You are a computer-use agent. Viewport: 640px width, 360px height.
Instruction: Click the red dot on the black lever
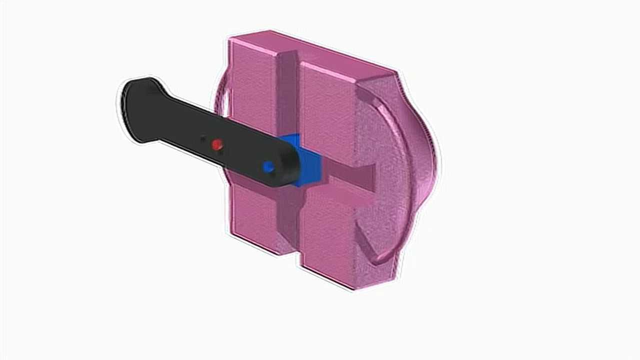[216, 145]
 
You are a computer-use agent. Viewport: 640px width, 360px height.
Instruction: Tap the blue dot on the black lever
[268, 167]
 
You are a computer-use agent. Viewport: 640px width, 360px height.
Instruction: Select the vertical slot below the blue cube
[289, 220]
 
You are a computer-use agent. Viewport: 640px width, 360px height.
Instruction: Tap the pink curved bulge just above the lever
[222, 100]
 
